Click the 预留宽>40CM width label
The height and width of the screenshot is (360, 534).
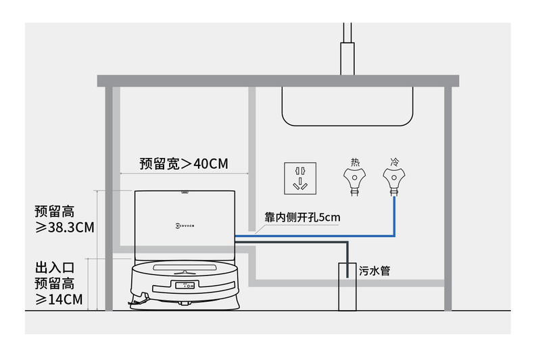pos(184,163)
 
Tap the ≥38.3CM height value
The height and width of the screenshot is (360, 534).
pos(65,228)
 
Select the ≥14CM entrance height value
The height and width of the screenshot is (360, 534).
pos(59,299)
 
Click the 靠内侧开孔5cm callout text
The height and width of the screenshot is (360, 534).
pos(302,217)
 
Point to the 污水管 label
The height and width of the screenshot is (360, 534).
pos(374,271)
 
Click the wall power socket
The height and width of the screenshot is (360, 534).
pos(300,178)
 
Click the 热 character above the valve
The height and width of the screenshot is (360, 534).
pos(355,162)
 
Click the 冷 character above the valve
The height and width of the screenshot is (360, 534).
pos(395,162)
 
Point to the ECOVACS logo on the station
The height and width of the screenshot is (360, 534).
pos(185,226)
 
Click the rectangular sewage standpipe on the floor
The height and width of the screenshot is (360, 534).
pos(347,286)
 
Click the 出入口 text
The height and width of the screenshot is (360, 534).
pos(55,267)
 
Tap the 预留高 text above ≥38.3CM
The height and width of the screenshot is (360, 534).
pos(55,211)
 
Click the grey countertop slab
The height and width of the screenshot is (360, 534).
pos(278,81)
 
